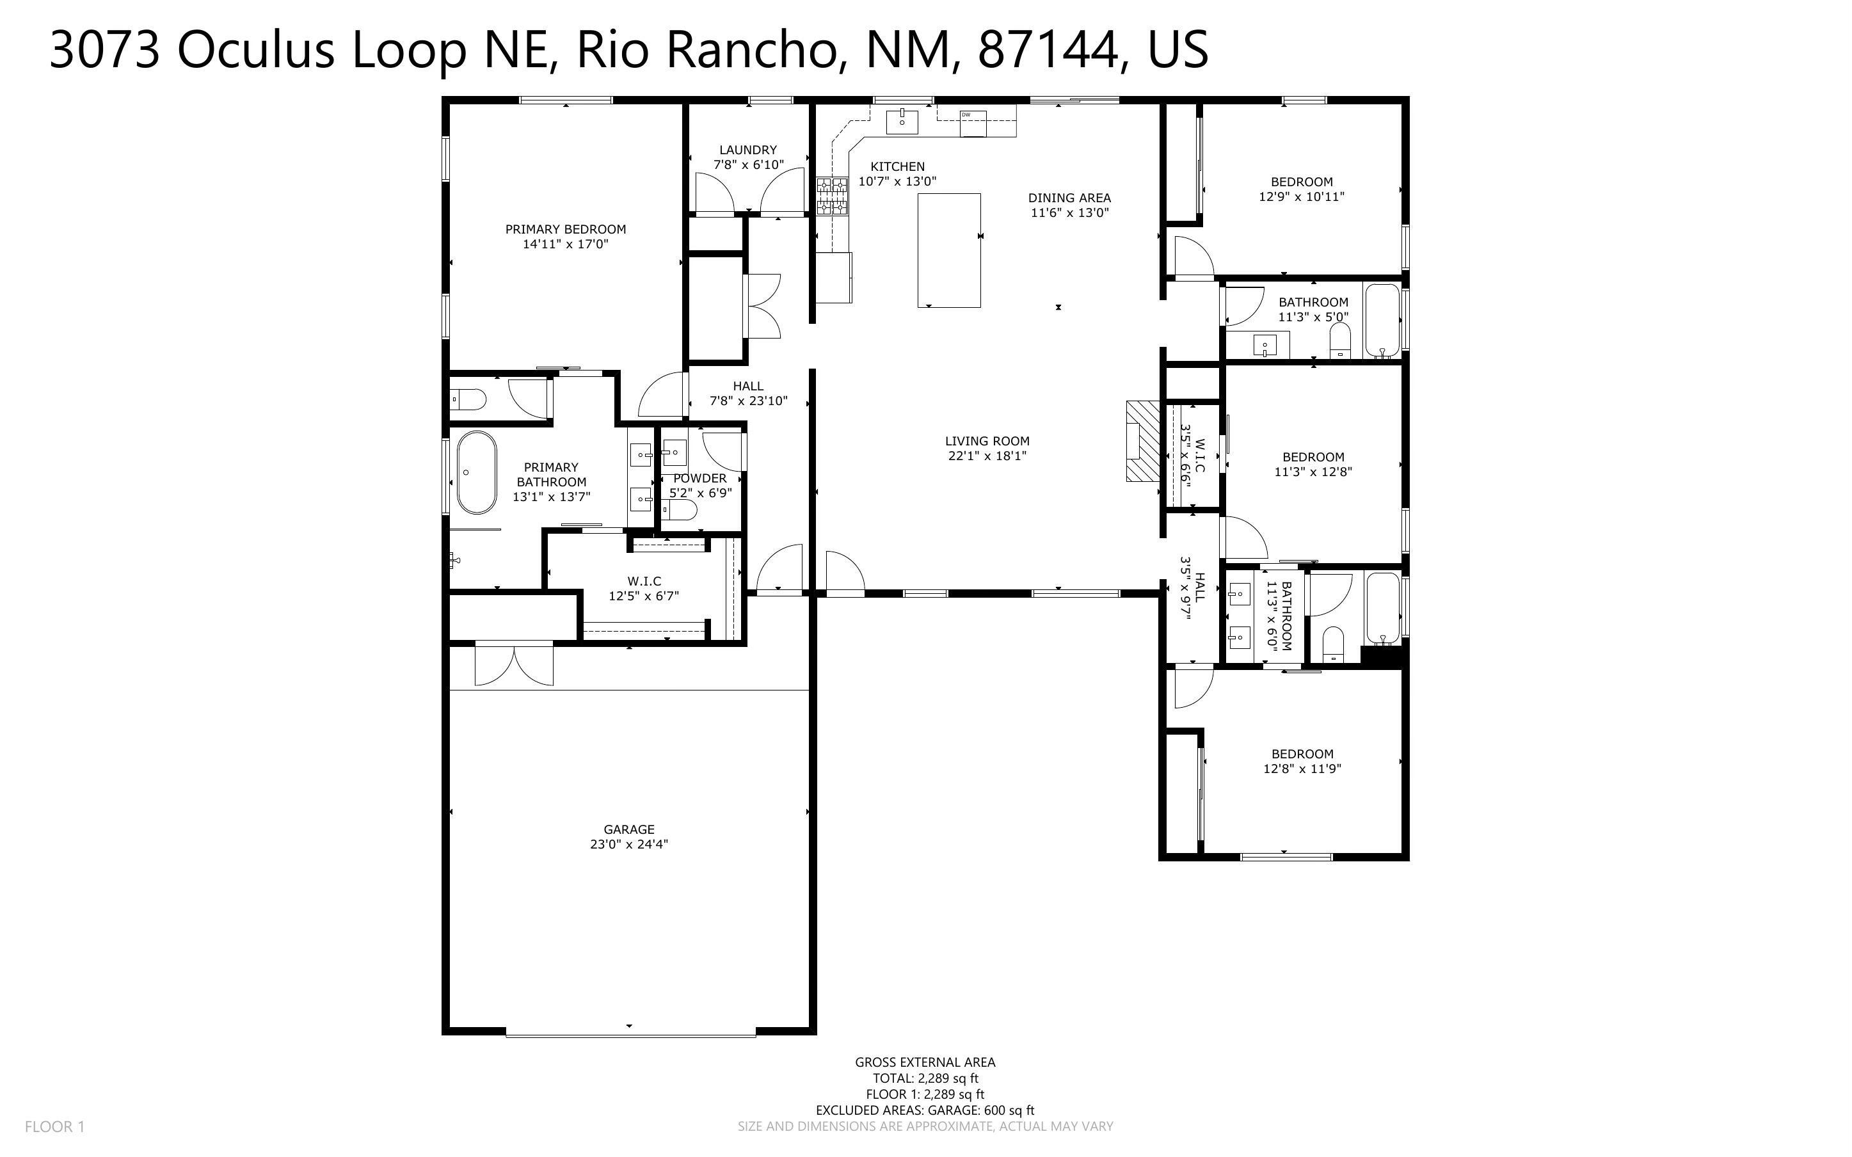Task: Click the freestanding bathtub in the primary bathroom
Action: [477, 472]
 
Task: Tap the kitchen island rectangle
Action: [949, 250]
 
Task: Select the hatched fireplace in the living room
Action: [1143, 441]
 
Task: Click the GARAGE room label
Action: [629, 829]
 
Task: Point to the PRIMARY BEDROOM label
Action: [565, 229]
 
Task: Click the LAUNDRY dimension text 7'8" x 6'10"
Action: [748, 164]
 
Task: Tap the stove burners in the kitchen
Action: [833, 195]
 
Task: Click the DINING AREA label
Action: [1069, 198]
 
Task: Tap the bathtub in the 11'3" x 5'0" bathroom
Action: [1383, 320]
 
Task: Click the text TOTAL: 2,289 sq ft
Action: [925, 1078]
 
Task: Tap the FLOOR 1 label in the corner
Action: [55, 1126]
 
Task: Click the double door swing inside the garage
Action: [514, 664]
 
